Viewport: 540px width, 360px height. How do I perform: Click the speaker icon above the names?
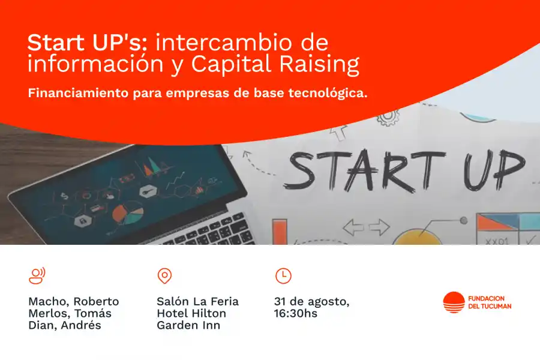click(37, 275)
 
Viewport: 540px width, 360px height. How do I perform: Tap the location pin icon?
click(164, 275)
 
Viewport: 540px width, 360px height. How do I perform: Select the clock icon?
click(283, 275)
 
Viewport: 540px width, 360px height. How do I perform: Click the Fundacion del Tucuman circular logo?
click(454, 302)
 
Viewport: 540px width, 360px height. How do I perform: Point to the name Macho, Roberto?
click(74, 301)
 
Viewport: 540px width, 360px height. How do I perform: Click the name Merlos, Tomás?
click(70, 313)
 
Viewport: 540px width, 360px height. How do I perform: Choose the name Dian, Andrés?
click(65, 326)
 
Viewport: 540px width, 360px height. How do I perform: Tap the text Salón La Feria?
click(197, 301)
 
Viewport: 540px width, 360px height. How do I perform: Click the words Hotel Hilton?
click(191, 313)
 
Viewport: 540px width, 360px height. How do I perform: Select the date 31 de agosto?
click(311, 301)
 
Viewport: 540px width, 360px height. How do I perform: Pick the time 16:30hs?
click(296, 313)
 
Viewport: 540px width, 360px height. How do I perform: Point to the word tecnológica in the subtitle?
click(329, 94)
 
